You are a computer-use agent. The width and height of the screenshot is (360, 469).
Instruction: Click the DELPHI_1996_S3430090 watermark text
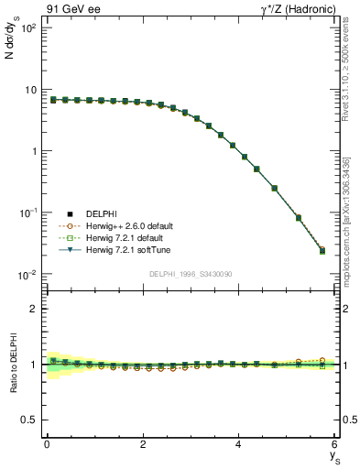[190, 274]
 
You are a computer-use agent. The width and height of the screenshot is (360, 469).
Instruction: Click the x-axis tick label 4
[238, 444]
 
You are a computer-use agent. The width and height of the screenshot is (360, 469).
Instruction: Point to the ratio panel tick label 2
[32, 309]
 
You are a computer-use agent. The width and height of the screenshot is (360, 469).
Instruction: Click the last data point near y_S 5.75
[322, 250]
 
